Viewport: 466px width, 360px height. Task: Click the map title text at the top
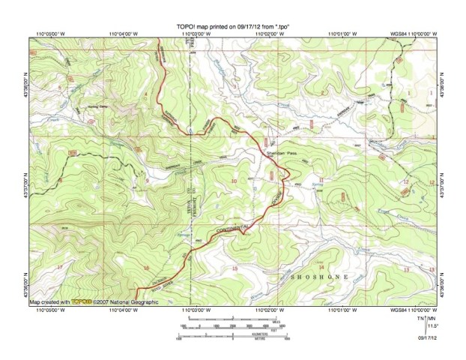click(234, 25)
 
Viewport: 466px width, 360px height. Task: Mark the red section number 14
click(321, 267)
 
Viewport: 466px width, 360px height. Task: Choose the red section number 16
click(147, 268)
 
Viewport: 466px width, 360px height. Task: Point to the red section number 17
click(59, 267)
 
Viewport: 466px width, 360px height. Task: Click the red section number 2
click(322, 92)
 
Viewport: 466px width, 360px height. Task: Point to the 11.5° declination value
click(433, 325)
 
